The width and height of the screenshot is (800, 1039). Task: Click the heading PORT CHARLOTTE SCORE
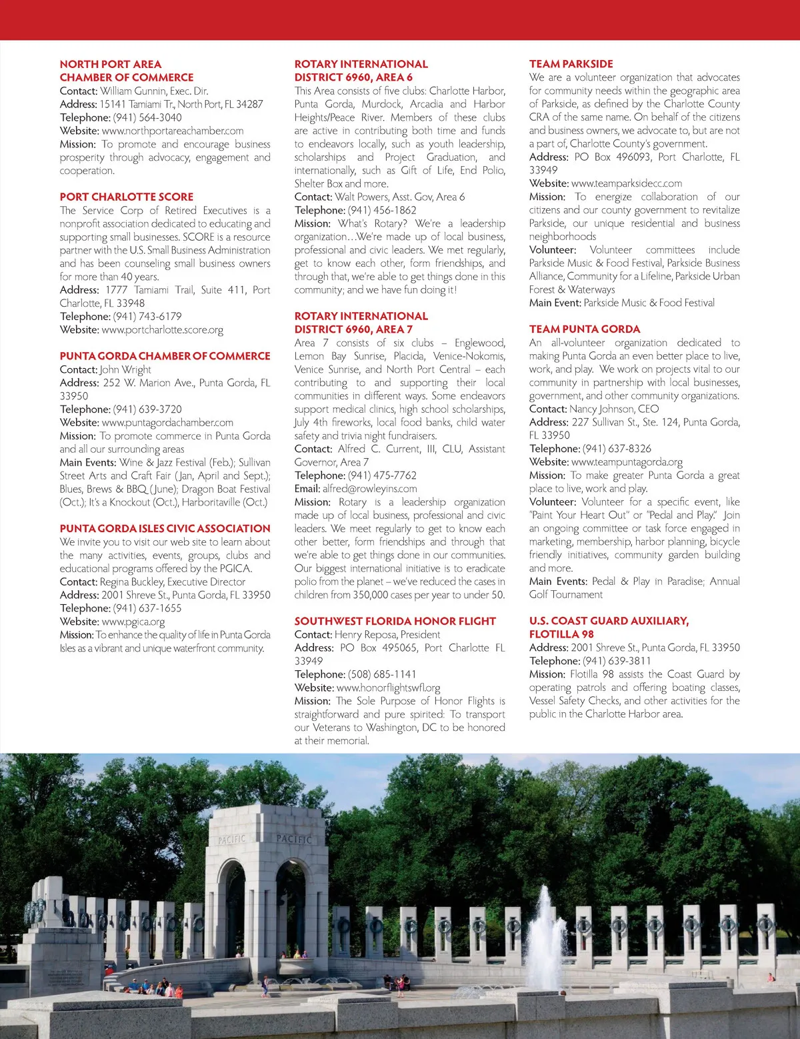pyautogui.click(x=126, y=197)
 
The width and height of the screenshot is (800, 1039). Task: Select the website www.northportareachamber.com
pyautogui.click(x=173, y=131)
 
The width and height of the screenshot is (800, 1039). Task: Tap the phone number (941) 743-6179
pyautogui.click(x=147, y=316)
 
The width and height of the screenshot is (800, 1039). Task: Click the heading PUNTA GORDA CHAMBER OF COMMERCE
pyautogui.click(x=165, y=356)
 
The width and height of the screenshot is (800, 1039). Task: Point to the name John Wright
pyautogui.click(x=125, y=369)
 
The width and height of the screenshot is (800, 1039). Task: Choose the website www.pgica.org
pyautogui.click(x=133, y=622)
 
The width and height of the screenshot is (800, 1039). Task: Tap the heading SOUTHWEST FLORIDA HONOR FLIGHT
pyautogui.click(x=395, y=621)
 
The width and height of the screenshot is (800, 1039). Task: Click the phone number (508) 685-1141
pyautogui.click(x=382, y=674)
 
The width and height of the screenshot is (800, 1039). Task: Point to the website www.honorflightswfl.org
pyautogui.click(x=389, y=688)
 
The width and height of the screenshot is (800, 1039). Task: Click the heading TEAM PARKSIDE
pyautogui.click(x=571, y=64)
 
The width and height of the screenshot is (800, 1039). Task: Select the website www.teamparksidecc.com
pyautogui.click(x=627, y=183)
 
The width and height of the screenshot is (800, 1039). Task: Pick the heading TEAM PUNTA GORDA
pyautogui.click(x=584, y=329)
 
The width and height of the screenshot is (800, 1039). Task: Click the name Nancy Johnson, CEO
pyautogui.click(x=614, y=409)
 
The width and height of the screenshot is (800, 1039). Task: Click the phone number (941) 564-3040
pyautogui.click(x=147, y=117)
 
